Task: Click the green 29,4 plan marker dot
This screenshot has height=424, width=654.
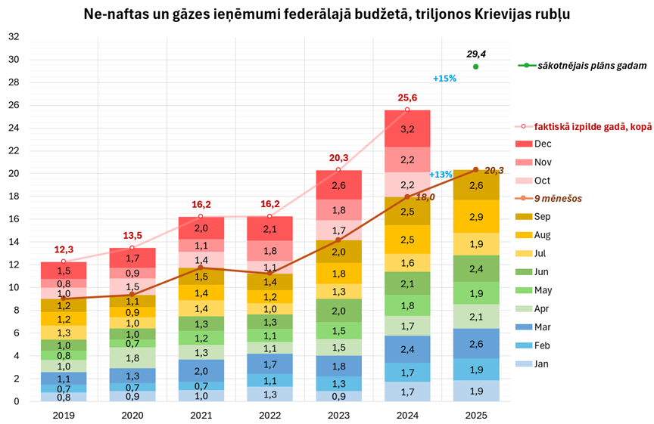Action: pyautogui.click(x=475, y=67)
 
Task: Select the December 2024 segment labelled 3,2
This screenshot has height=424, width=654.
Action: pyautogui.click(x=407, y=129)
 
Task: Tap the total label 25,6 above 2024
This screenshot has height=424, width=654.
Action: pyautogui.click(x=407, y=98)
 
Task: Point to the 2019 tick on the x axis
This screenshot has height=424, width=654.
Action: pyautogui.click(x=63, y=414)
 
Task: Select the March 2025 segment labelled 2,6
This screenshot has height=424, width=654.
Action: pyautogui.click(x=475, y=344)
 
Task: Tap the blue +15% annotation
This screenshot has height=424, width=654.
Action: pyautogui.click(x=444, y=79)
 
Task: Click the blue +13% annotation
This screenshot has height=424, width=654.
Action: pyautogui.click(x=441, y=175)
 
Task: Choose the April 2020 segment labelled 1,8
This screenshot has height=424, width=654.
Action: pyautogui.click(x=132, y=358)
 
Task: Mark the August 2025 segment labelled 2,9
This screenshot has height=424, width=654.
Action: pyautogui.click(x=475, y=217)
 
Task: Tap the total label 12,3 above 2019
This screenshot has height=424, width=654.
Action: pyautogui.click(x=63, y=250)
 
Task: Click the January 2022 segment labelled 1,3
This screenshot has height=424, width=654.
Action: pyautogui.click(x=269, y=394)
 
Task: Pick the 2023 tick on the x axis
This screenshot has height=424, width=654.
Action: pyautogui.click(x=338, y=414)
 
